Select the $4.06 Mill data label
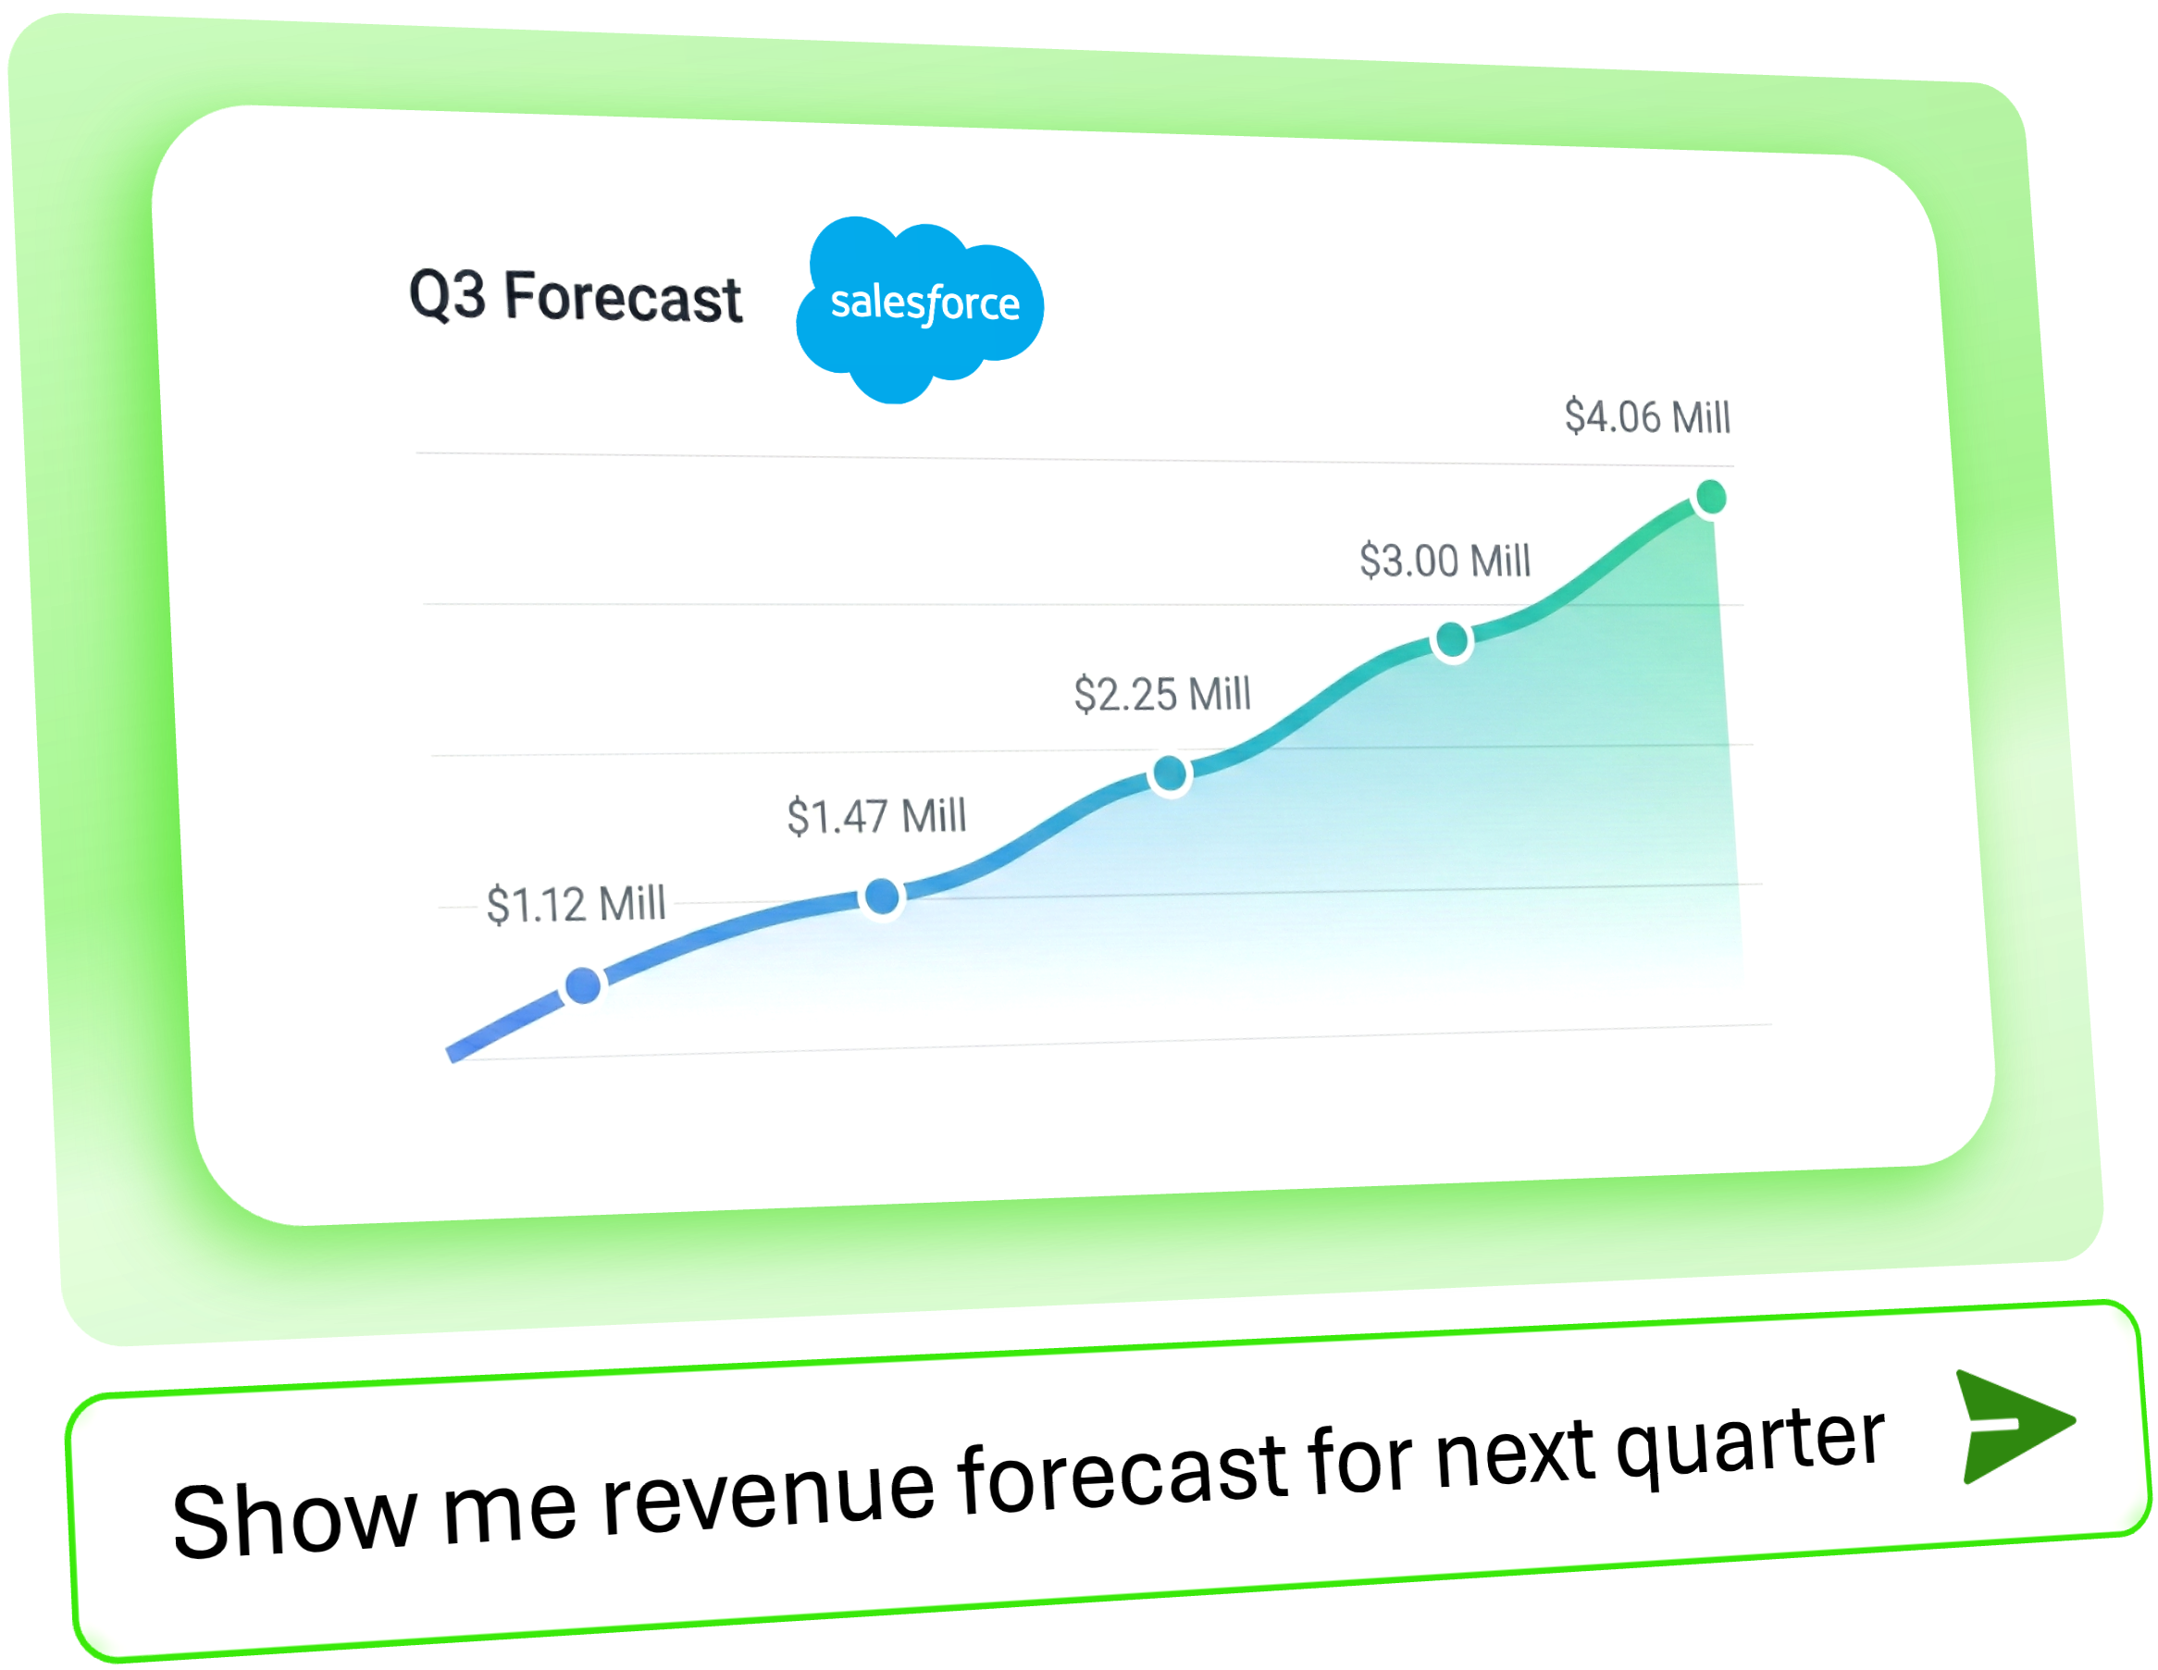pos(1647,416)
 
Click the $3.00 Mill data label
pos(1445,561)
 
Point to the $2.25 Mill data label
pos(1162,694)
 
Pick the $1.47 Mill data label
pos(876,816)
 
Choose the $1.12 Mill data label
pos(577,904)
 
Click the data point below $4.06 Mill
pos(1710,497)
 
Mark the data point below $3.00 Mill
pos(1452,640)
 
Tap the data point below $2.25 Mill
pos(1170,773)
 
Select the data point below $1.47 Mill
pos(881,897)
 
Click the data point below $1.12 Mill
pos(583,985)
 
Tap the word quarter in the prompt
pos(1751,1443)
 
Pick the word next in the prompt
pos(1515,1454)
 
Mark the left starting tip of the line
pos(451,1056)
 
